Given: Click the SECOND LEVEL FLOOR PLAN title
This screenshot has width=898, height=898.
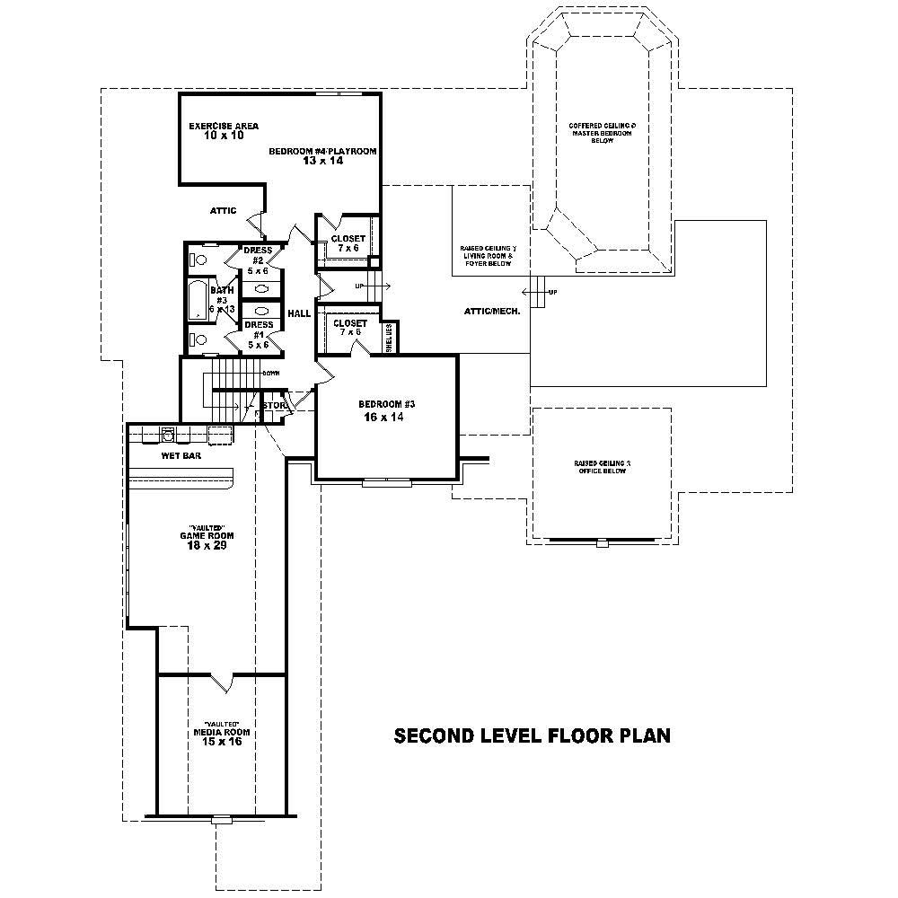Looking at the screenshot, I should click(x=533, y=736).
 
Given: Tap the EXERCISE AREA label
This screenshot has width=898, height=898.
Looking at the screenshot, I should click(x=224, y=127).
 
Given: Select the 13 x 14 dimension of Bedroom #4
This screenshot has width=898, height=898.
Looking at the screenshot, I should click(x=322, y=161).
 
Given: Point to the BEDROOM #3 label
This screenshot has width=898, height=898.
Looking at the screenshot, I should click(x=386, y=404).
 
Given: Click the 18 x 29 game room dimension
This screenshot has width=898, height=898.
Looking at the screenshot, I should click(x=201, y=545).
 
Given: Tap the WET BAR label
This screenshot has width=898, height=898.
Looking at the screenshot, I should click(x=180, y=456).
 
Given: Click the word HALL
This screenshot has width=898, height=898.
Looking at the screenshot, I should click(x=299, y=313).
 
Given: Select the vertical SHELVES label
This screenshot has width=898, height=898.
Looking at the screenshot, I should click(x=389, y=337).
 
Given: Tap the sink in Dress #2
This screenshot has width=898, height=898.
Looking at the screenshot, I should click(x=260, y=289).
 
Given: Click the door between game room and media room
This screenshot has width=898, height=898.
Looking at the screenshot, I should click(x=223, y=682).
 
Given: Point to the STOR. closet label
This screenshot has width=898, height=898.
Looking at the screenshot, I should click(x=273, y=406).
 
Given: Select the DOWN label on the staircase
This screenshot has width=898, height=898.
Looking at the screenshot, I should click(x=270, y=373).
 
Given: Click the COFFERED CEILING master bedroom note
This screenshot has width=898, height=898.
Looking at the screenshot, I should click(x=602, y=133).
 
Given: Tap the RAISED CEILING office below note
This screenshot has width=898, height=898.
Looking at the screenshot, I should click(x=602, y=467).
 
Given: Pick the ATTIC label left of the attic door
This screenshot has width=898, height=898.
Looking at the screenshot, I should click(x=223, y=211).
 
